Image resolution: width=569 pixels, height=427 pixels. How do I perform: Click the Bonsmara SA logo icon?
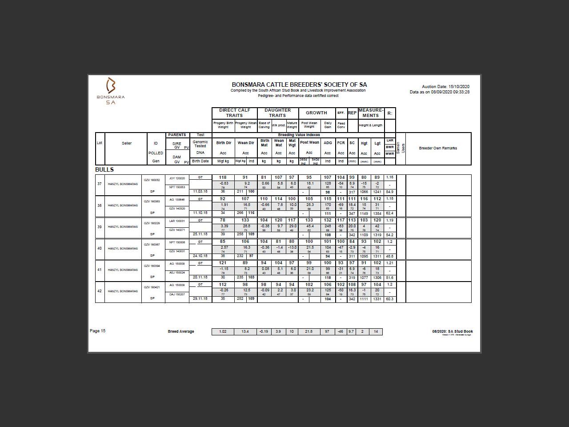(x=111, y=85)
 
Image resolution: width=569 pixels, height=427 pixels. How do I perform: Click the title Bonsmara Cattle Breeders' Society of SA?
(x=299, y=85)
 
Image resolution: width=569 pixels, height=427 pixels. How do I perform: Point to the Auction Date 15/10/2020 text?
(x=445, y=87)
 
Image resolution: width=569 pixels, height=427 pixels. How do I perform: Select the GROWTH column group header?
(x=316, y=113)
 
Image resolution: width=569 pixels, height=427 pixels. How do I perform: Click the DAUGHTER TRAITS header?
(x=277, y=113)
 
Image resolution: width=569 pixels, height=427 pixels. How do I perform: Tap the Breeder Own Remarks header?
(x=438, y=148)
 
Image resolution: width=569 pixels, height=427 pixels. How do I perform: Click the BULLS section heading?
(x=104, y=169)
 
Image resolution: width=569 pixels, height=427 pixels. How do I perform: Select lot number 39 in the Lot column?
(x=100, y=227)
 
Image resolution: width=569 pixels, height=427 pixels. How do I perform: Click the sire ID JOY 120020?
(x=177, y=178)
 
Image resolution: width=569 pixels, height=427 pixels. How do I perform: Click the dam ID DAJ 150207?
(x=177, y=294)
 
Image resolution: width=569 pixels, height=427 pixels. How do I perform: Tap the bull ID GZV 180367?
(x=152, y=244)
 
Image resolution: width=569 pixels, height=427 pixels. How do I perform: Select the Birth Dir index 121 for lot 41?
(x=223, y=263)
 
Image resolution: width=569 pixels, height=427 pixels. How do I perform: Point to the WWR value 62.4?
(x=390, y=213)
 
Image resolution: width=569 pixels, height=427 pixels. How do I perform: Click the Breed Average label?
(x=181, y=331)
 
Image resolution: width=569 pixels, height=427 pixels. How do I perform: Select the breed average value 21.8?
(x=309, y=331)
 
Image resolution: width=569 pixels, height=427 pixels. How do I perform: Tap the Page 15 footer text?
(x=98, y=331)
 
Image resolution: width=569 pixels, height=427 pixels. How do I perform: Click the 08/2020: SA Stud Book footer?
(x=453, y=331)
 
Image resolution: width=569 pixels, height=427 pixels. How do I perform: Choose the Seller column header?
(x=127, y=143)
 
